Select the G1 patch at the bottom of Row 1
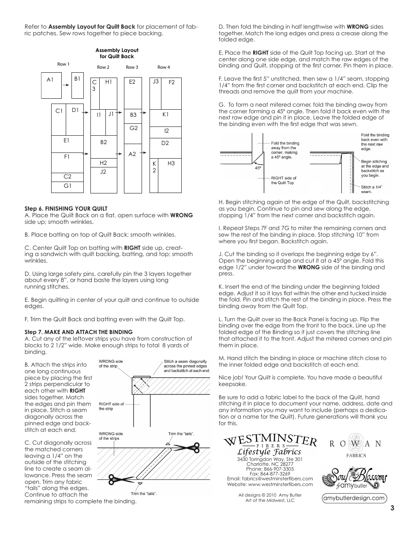click(x=67, y=186)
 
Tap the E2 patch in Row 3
click(x=132, y=93)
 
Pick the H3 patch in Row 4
click(x=170, y=175)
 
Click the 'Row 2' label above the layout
click(x=103, y=67)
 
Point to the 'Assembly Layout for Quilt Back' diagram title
click(x=117, y=53)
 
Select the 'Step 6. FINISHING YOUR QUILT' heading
click(x=66, y=208)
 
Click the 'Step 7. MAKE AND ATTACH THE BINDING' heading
click(x=78, y=332)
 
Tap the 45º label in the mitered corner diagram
click(x=258, y=168)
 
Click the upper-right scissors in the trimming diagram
click(x=193, y=446)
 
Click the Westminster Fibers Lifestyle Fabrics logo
click(x=270, y=445)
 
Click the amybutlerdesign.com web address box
click(x=354, y=498)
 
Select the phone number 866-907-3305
click(x=270, y=469)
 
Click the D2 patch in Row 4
click(x=165, y=143)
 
